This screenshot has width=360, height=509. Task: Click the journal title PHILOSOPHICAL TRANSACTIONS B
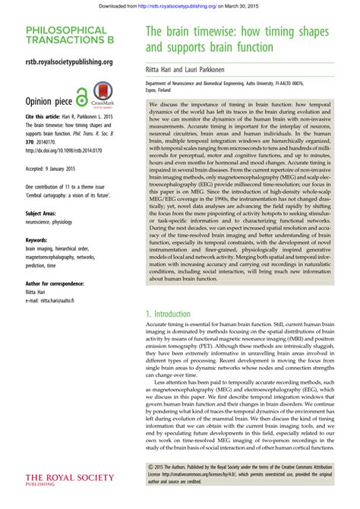tap(65, 36)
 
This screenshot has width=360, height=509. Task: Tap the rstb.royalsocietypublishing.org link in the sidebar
tap(69, 62)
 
